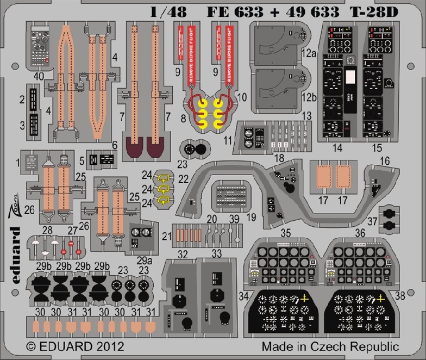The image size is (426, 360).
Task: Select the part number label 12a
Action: click(x=309, y=53)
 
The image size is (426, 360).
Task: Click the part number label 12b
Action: click(x=309, y=98)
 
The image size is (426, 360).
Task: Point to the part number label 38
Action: click(x=400, y=296)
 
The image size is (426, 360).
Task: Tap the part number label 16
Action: click(x=385, y=162)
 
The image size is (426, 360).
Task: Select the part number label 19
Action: click(x=250, y=218)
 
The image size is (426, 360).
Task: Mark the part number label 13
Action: click(x=307, y=115)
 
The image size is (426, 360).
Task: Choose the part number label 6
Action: click(x=114, y=145)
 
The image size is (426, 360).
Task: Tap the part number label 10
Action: click(x=242, y=98)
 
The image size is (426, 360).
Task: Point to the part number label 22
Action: click(x=184, y=178)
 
